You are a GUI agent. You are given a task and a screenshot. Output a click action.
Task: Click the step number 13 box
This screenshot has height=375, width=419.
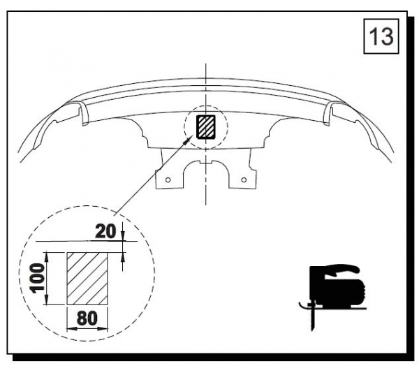tap(381, 36)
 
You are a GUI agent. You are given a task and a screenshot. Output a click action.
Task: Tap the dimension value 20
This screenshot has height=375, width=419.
tap(106, 231)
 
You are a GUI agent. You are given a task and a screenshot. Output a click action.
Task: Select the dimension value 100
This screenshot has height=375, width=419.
tap(37, 278)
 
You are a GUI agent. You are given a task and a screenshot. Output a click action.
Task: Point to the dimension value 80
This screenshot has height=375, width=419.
tap(87, 318)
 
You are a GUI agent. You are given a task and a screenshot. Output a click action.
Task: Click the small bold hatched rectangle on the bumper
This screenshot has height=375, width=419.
tap(206, 126)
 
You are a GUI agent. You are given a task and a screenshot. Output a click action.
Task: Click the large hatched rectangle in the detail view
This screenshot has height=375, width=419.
tap(87, 279)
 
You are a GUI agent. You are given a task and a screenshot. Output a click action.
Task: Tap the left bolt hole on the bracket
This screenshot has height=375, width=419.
tap(168, 180)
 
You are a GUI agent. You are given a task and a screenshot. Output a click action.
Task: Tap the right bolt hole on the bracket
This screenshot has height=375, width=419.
tap(244, 179)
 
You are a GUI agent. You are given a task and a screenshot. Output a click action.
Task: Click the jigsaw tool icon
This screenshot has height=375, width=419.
tap(332, 297)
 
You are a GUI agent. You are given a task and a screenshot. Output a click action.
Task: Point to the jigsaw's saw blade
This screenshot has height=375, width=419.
tap(313, 319)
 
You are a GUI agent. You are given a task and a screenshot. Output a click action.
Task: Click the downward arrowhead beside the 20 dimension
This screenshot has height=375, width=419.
tap(123, 236)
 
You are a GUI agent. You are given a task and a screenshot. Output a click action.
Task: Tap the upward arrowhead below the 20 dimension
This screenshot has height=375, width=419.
tap(123, 257)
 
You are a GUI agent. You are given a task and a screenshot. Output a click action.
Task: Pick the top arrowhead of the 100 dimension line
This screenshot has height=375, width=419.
tap(47, 256)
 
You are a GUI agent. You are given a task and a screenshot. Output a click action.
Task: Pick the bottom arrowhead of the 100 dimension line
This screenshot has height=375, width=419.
tap(47, 300)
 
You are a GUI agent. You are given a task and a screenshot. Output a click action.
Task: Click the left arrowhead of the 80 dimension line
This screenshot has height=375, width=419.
tap(72, 328)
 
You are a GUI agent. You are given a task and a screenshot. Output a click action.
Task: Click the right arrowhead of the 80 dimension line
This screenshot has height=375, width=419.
tap(103, 328)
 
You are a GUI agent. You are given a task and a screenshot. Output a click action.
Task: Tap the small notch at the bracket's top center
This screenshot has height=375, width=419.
tap(206, 163)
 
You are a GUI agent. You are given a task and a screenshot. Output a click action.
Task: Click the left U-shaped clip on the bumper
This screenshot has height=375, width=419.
tap(84, 114)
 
